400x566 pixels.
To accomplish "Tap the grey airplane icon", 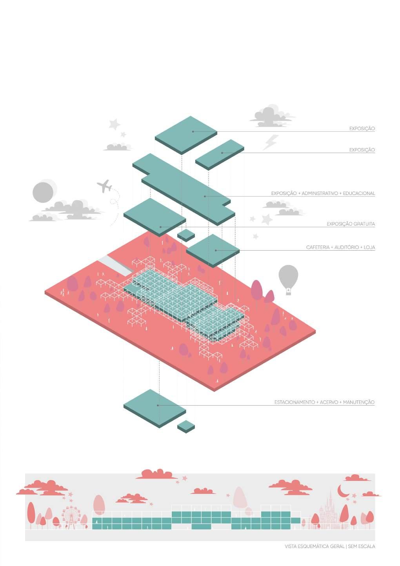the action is (x=104, y=186).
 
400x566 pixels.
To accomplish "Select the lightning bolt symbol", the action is (x=270, y=142).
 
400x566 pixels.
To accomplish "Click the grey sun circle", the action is (x=43, y=192).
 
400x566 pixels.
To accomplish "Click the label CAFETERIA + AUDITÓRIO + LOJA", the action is (x=340, y=248).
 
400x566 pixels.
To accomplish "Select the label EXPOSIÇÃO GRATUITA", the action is (x=351, y=224).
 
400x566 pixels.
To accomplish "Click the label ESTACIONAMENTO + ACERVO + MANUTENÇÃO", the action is (x=324, y=402).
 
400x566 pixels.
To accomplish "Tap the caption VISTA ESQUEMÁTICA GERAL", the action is (x=315, y=546).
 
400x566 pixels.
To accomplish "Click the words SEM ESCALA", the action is (x=361, y=546).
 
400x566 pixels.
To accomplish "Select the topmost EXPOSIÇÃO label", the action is (x=362, y=129).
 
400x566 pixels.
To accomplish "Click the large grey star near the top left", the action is (x=115, y=125).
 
